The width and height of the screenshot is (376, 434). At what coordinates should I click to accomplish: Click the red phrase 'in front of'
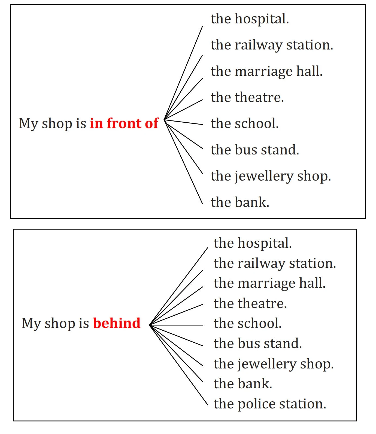click(x=124, y=123)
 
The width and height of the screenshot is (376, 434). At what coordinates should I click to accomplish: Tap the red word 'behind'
click(x=117, y=323)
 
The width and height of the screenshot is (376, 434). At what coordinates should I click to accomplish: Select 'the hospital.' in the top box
click(x=250, y=19)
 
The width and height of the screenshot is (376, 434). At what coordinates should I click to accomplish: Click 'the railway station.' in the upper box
click(x=272, y=45)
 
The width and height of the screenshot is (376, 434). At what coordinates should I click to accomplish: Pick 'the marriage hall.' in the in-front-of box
click(x=267, y=71)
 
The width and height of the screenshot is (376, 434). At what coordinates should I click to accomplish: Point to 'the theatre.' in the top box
click(x=247, y=97)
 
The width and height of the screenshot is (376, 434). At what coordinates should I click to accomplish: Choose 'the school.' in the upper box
click(x=245, y=123)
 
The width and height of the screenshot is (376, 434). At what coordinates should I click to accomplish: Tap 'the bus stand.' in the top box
click(x=255, y=150)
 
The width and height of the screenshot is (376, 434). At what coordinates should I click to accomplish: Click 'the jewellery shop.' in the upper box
click(x=271, y=176)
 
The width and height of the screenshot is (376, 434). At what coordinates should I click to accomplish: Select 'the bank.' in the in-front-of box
click(x=240, y=202)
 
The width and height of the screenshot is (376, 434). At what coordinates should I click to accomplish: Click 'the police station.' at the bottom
click(x=270, y=404)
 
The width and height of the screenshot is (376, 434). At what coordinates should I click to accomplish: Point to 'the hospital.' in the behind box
click(x=253, y=243)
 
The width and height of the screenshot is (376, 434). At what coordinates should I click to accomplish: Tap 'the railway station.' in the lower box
click(x=275, y=263)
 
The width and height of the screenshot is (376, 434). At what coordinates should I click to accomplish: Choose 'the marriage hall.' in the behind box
click(x=269, y=283)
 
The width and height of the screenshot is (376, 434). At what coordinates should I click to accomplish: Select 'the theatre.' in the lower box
click(x=250, y=303)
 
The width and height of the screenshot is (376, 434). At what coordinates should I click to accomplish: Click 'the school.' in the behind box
click(x=247, y=323)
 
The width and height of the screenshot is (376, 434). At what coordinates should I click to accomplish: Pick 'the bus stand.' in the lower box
click(x=258, y=343)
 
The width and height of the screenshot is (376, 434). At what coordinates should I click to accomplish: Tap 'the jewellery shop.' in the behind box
click(x=274, y=364)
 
